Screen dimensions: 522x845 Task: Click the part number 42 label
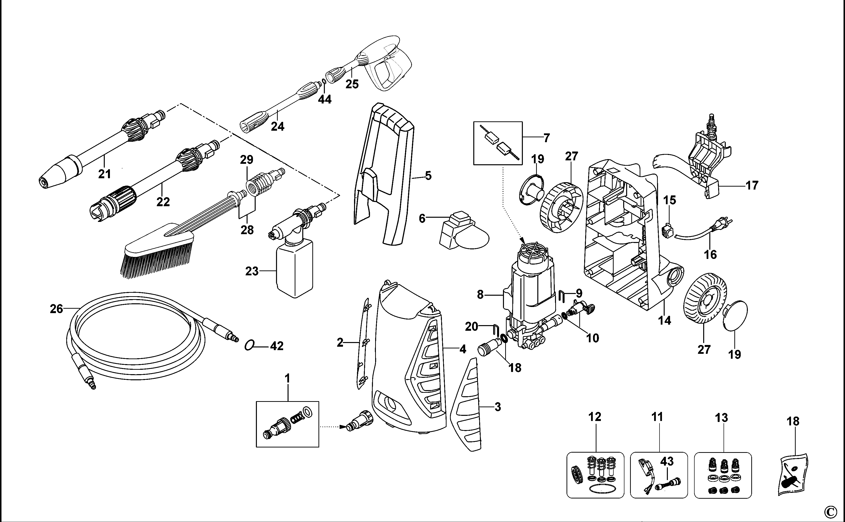pyautogui.click(x=277, y=346)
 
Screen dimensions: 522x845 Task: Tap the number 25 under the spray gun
pyautogui.click(x=352, y=84)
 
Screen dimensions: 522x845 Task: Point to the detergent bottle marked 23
pyautogui.click(x=294, y=267)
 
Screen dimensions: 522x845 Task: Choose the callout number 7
pyautogui.click(x=546, y=138)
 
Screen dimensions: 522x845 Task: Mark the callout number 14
pyautogui.click(x=664, y=320)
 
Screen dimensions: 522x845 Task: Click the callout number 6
pyautogui.click(x=422, y=218)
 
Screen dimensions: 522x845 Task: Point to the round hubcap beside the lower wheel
pyautogui.click(x=735, y=316)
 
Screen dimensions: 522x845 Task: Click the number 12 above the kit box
pyautogui.click(x=594, y=417)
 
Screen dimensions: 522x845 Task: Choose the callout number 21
pyautogui.click(x=104, y=174)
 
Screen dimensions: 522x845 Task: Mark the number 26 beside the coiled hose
pyautogui.click(x=56, y=309)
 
